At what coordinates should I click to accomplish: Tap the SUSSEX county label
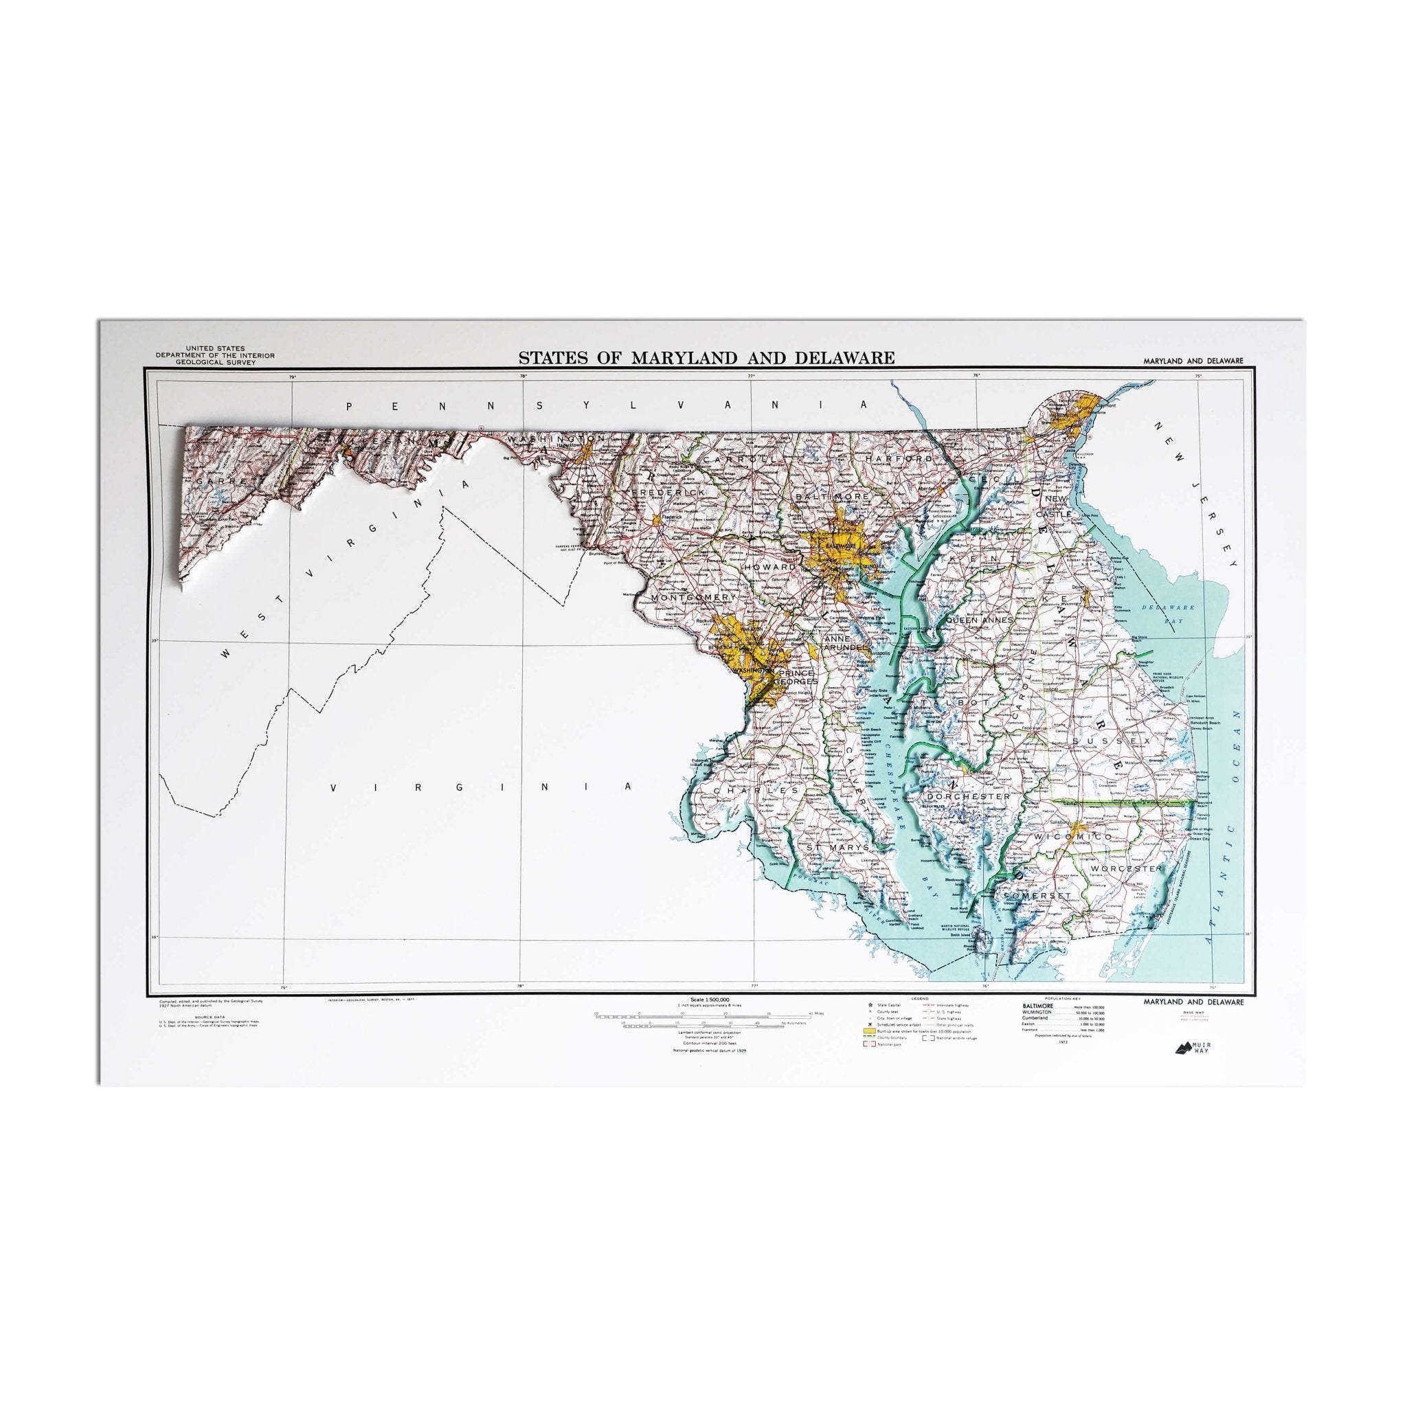(1108, 741)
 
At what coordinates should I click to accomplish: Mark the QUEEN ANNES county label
(978, 620)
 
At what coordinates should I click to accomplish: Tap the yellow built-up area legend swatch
(869, 1031)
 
